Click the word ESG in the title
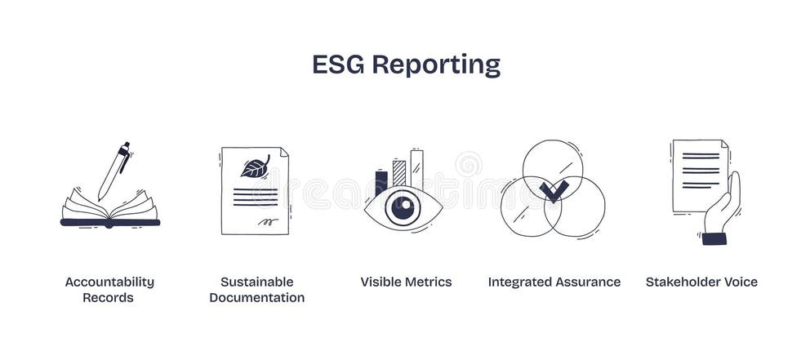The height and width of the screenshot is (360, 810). coord(338,64)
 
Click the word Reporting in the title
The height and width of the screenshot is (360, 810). coord(436,66)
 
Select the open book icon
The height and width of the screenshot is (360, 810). coord(109,211)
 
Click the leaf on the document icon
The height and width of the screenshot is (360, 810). coord(255,167)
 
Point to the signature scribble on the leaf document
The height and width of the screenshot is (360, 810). coord(267,220)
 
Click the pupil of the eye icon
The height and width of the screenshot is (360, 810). coord(403,207)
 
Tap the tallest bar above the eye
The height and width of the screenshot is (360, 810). coord(416,169)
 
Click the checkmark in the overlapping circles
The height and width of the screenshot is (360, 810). coord(554,191)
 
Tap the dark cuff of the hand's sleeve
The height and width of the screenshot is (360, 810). coord(714,238)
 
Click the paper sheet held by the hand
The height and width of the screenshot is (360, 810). coord(699,174)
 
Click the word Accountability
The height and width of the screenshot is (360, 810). coord(109,282)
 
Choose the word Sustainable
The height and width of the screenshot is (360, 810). coord(256,282)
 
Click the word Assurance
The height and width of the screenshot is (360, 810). coord(584,282)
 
